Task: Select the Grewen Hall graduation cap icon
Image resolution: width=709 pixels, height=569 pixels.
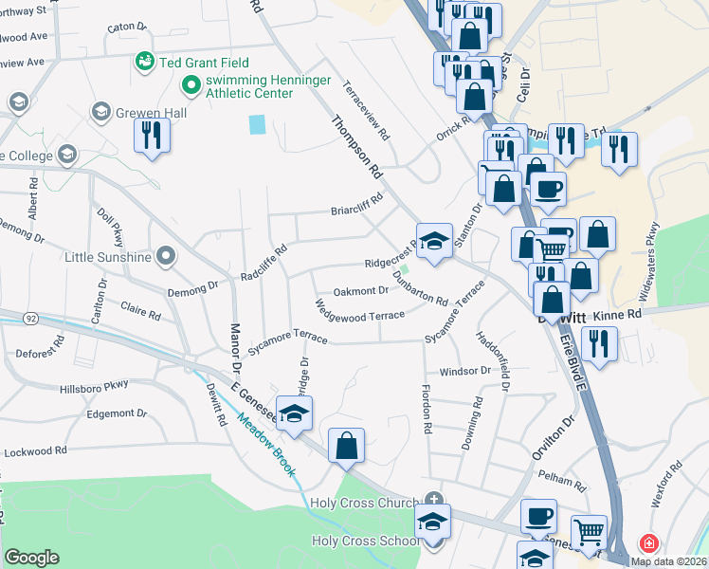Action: [x=100, y=113]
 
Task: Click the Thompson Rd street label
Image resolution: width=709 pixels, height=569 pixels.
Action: [x=355, y=147]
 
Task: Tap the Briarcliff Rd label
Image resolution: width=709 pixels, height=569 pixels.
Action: [x=355, y=204]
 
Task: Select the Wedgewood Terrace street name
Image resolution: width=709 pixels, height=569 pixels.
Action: [x=360, y=309]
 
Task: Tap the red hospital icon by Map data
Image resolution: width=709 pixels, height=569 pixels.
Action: [x=649, y=544]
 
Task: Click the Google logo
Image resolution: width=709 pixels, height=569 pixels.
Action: [x=31, y=558]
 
